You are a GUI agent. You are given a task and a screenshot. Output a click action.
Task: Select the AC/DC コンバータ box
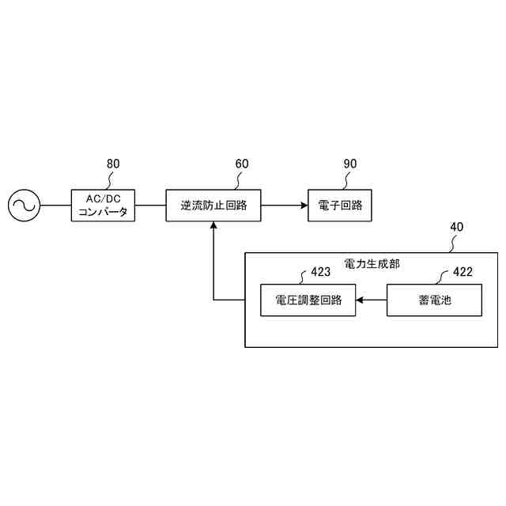coord(103,206)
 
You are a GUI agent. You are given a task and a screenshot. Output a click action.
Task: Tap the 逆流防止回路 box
coord(213,206)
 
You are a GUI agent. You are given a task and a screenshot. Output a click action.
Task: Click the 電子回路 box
coord(340,206)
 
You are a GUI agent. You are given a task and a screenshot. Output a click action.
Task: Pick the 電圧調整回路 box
coord(308,300)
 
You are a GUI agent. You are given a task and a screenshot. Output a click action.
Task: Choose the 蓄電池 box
coord(435,300)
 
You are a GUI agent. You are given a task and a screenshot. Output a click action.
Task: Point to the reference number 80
coord(113,164)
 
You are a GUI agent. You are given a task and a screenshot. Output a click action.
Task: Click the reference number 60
coord(242,164)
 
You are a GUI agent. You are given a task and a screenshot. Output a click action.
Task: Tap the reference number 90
coord(350,164)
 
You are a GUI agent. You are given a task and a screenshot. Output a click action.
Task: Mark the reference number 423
coord(320,272)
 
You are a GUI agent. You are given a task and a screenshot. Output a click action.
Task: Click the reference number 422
coord(463,272)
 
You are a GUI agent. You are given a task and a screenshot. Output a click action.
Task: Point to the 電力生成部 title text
coord(372,263)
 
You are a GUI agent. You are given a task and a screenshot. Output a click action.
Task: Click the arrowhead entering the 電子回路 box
coord(303,206)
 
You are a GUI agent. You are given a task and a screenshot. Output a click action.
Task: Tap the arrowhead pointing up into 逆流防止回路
coord(213,227)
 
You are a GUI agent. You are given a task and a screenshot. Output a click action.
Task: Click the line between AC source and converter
coord(55,206)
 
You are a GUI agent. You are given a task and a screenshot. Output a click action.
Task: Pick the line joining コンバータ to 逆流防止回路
coord(150,206)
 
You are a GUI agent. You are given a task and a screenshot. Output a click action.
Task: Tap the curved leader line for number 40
coord(451,244)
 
